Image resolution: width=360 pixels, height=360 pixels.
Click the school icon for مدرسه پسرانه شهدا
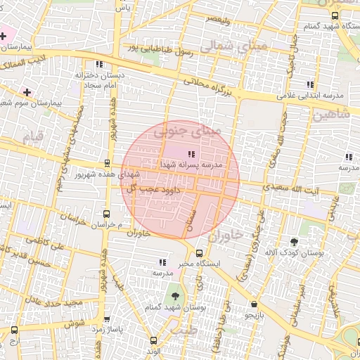[191, 153]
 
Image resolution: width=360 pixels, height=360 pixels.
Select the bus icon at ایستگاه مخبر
[199, 253]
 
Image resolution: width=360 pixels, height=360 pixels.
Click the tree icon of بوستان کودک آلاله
[293, 241]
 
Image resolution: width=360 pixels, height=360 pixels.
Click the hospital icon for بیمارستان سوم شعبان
[27, 92]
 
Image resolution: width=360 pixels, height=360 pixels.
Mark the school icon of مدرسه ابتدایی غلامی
[309, 84]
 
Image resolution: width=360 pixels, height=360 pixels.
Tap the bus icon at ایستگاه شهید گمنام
[335, 15]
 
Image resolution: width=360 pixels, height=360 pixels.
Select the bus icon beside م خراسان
[107, 214]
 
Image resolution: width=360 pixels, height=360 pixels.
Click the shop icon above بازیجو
[254, 304]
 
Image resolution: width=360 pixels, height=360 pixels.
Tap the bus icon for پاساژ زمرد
[15, 330]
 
